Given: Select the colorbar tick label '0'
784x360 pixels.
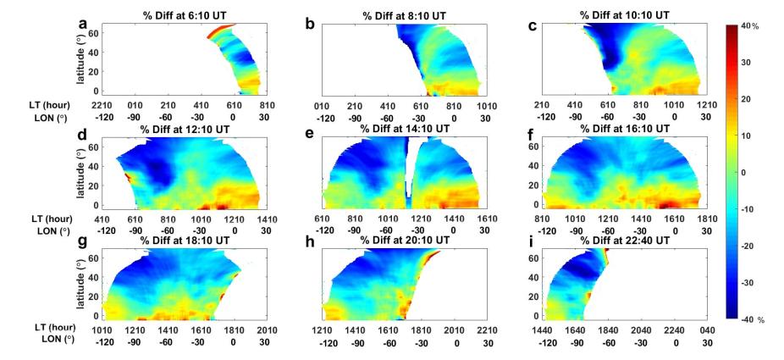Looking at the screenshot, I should (745, 172).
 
